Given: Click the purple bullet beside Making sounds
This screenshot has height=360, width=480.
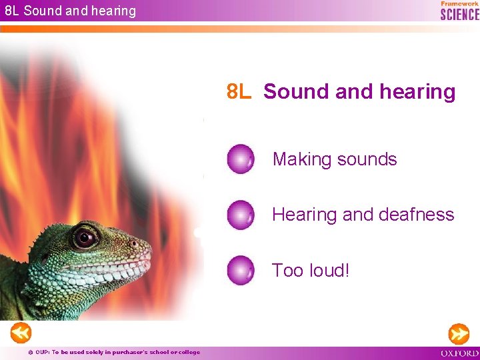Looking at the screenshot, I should [x=240, y=159].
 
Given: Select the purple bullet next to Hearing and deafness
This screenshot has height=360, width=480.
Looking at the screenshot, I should [x=240, y=215].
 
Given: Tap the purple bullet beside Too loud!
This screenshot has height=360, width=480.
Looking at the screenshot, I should [x=240, y=270].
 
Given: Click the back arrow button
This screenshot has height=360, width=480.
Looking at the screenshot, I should [x=21, y=332].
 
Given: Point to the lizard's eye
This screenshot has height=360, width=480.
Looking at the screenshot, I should [x=84, y=237].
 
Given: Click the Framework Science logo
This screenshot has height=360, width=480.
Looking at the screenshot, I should [x=459, y=11].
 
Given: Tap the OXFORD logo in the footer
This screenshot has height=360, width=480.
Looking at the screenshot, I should [x=459, y=352].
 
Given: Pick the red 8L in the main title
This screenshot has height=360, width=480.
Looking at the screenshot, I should [x=239, y=91].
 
